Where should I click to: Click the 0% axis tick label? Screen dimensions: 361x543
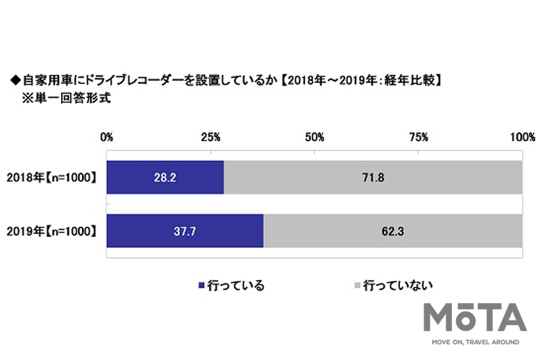click(107, 137)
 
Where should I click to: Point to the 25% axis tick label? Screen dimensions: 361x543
click(211, 137)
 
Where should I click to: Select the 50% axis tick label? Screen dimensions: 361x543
click(314, 137)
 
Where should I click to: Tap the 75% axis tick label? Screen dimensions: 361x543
click(418, 137)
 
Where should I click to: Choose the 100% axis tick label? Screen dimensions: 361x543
click(522, 137)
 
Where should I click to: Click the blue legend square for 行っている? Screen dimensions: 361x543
click(202, 286)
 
